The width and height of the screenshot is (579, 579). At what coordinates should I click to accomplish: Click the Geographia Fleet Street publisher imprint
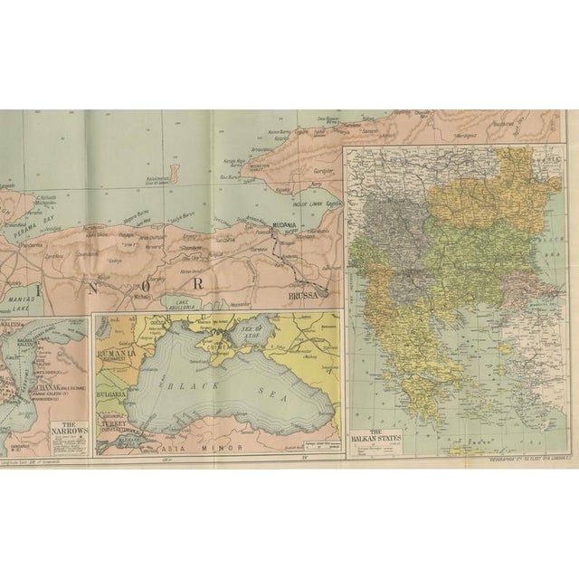click(x=523, y=460)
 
